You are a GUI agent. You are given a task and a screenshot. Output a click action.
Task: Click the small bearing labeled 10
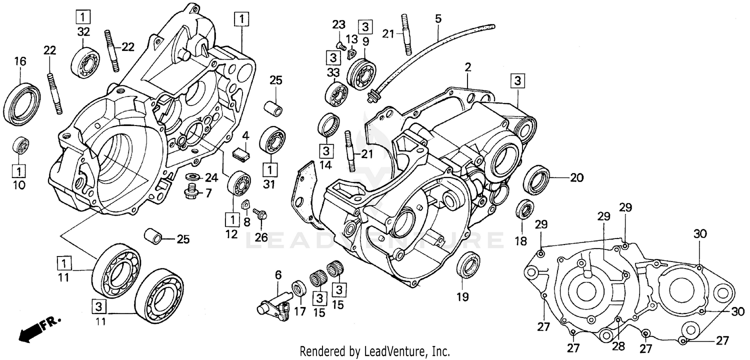click(x=20, y=145)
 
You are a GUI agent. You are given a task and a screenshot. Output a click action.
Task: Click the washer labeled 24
click(x=194, y=177)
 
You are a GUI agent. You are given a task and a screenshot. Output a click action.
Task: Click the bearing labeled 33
click(x=337, y=93)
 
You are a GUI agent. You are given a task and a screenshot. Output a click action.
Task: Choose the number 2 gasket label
click(x=468, y=66)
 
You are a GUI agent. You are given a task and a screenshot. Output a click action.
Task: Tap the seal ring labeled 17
click(x=299, y=288)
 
